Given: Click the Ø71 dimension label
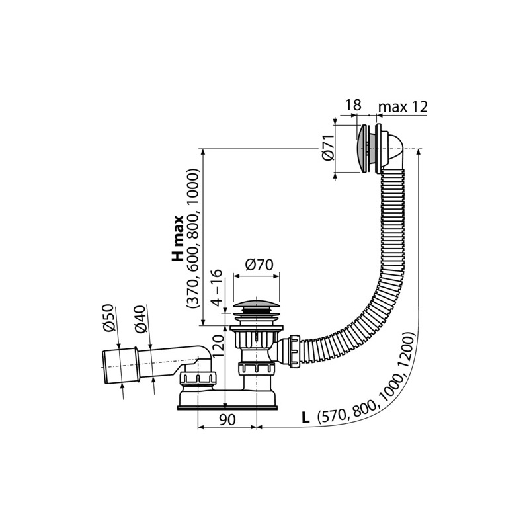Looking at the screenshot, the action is pos(328,148).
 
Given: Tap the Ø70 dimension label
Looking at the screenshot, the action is pos(259,265).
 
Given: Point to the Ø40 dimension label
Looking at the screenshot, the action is pos(141,319).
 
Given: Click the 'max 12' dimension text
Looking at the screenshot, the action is pos(403,106).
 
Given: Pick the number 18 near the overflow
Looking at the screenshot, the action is pos(353,105).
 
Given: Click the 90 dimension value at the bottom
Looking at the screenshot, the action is pos(227,419).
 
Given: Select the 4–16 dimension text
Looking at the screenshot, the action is pos(218,288).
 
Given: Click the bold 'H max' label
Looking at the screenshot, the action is pos(177,238).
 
